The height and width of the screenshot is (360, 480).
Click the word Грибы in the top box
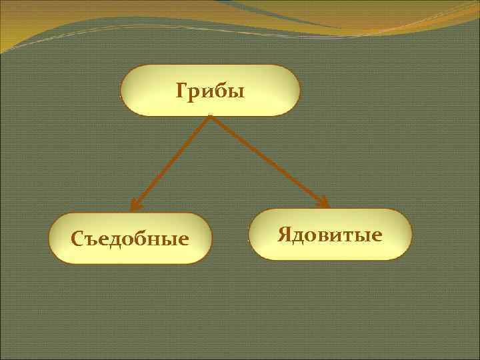click(x=210, y=90)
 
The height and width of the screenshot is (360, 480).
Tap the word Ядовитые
click(x=330, y=235)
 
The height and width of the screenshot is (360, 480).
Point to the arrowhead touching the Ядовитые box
click(x=323, y=202)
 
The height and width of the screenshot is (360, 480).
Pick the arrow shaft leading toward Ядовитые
click(x=267, y=159)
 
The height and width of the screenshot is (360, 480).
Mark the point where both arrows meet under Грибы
click(x=210, y=117)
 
